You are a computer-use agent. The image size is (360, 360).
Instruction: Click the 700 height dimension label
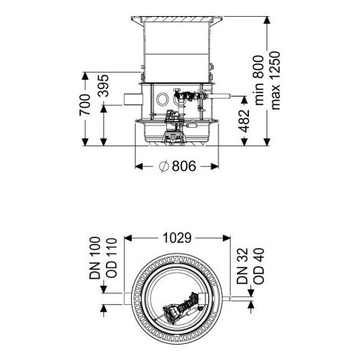[x=85, y=105]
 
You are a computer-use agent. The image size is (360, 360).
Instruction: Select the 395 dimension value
[x=103, y=86]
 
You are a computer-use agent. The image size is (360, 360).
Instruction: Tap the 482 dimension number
[x=244, y=121]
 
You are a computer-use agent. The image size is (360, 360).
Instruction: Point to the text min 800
[x=260, y=80]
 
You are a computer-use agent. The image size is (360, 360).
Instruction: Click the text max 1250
[x=276, y=80]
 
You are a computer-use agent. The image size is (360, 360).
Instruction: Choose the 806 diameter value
[x=184, y=166]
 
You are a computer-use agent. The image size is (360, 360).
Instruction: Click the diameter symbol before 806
[x=164, y=166]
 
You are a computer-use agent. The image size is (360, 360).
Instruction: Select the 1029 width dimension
[x=177, y=238]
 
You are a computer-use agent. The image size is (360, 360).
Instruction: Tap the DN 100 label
[x=95, y=258]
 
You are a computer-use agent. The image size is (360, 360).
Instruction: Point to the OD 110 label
[x=111, y=258]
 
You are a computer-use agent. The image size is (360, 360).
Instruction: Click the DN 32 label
[x=242, y=266]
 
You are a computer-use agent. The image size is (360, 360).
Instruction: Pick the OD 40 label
[x=259, y=266]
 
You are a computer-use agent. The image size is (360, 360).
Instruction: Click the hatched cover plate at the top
[x=177, y=19]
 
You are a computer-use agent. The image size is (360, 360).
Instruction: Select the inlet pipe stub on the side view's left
[x=133, y=100]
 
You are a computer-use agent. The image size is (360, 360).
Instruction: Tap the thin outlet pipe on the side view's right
[x=220, y=97]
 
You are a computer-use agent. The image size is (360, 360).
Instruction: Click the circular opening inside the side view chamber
[x=162, y=99]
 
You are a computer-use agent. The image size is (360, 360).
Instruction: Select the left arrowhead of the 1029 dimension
[x=128, y=238]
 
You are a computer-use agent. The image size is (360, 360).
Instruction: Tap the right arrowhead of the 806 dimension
[x=214, y=166]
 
